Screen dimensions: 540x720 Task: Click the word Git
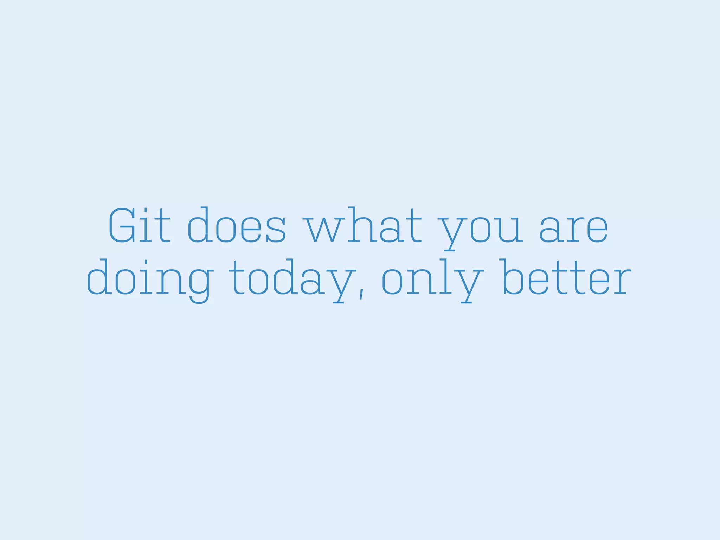coord(139,226)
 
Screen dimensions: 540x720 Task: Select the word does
coord(237,226)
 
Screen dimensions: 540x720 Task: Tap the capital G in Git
coord(122,226)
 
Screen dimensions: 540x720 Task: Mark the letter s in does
coord(276,230)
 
